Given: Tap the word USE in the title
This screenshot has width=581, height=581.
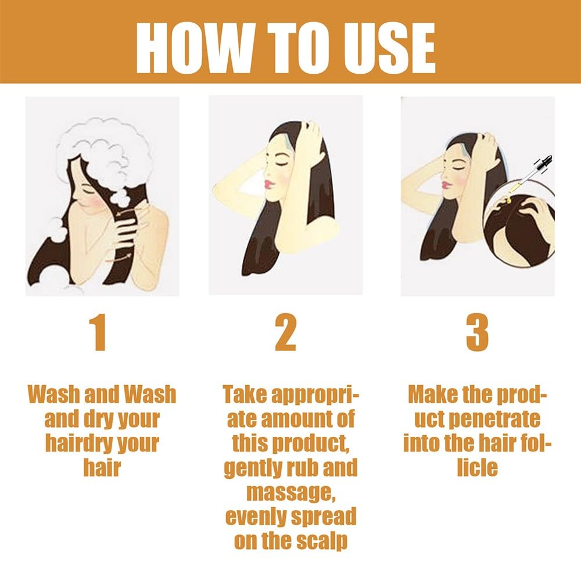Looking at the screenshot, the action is [389, 48].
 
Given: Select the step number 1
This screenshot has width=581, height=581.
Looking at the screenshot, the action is [99, 332].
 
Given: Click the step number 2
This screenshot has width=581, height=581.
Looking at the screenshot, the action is [286, 332].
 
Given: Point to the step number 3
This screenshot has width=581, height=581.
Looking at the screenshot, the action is [477, 332].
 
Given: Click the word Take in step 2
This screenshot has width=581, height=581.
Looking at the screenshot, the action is [245, 394].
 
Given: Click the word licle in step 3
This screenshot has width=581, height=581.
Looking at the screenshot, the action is [477, 468].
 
